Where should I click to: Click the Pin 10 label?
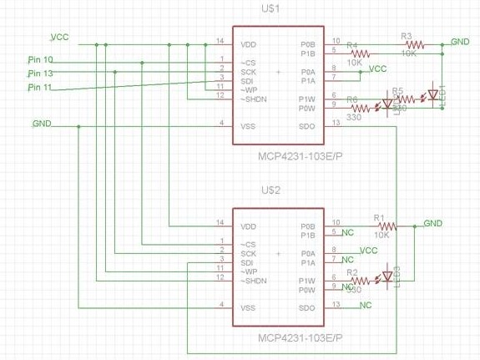tap(40, 60)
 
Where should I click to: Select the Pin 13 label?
tap(40, 74)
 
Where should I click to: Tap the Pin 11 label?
tap(40, 87)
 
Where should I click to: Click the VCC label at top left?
tap(59, 38)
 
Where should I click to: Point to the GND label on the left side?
tap(42, 124)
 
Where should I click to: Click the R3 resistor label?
tap(407, 37)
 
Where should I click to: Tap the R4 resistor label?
tap(352, 45)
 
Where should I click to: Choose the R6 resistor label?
tap(352, 99)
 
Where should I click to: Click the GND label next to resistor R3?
tap(460, 41)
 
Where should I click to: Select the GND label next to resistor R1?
tap(432, 223)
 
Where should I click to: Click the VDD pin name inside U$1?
tap(249, 43)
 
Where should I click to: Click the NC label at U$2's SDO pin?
tap(366, 306)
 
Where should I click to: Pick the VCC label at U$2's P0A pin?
tap(368, 250)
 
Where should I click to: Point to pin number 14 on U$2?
tap(220, 223)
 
